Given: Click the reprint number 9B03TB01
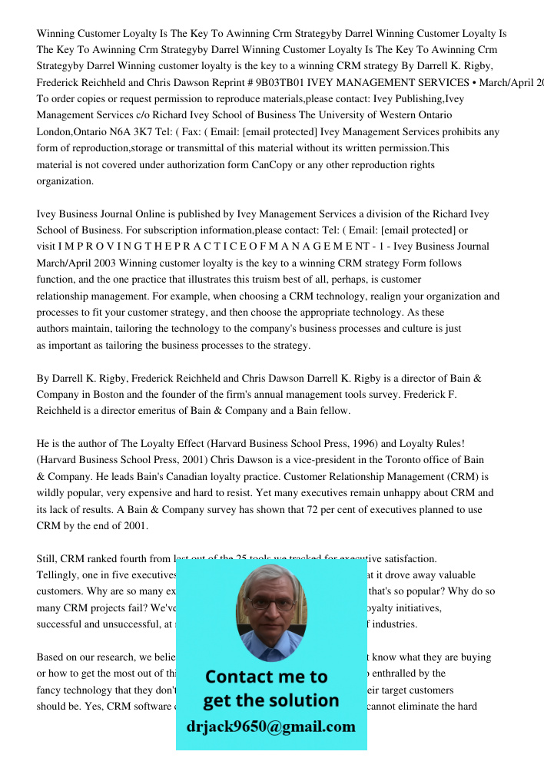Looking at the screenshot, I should pyautogui.click(x=285, y=82).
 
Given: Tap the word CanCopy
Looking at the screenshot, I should pyautogui.click(x=271, y=165).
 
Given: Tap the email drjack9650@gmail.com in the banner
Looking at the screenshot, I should pyautogui.click(x=271, y=727).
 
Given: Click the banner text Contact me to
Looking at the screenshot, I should pyautogui.click(x=266, y=677).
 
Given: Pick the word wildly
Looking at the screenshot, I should pyautogui.click(x=51, y=493).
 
